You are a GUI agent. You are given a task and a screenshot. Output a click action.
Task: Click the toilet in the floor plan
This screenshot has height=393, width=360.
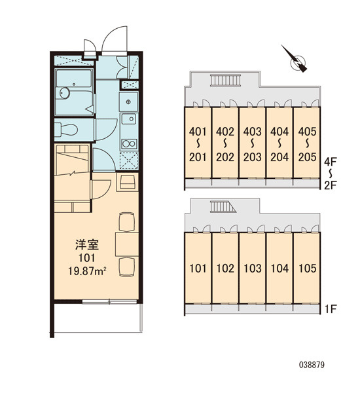click(65, 129)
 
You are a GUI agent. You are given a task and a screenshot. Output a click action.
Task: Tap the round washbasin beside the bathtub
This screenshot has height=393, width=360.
click(65, 93)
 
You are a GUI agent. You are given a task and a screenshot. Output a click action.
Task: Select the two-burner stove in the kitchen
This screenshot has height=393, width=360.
click(129, 144)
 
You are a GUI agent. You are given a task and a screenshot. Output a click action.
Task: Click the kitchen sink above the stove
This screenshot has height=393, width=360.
click(129, 119)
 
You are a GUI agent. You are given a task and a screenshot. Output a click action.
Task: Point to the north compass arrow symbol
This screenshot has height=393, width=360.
click(295, 59)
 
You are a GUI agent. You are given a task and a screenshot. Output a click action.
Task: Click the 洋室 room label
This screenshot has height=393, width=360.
click(87, 245)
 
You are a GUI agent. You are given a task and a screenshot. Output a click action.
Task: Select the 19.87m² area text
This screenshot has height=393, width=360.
click(88, 271)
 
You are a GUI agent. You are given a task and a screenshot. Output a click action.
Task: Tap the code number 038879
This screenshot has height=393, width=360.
click(312, 365)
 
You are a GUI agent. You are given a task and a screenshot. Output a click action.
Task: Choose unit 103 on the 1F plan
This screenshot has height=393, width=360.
click(253, 269)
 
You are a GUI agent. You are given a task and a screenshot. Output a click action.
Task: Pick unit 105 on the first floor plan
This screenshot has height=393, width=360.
click(308, 269)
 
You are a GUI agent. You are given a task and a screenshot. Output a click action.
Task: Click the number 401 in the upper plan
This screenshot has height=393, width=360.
click(198, 132)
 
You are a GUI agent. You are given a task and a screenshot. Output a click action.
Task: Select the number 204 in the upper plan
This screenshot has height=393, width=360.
click(279, 157)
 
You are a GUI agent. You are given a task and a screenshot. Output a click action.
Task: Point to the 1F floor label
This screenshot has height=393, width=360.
click(331, 309)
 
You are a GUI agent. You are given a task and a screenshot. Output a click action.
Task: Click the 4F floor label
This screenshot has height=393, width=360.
click(331, 161)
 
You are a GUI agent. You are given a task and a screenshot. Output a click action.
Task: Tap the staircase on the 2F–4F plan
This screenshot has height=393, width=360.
click(225, 80)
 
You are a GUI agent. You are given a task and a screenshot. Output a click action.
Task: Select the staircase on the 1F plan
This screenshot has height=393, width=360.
click(223, 207)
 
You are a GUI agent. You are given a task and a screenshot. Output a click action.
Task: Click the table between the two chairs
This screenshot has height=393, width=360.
click(127, 244)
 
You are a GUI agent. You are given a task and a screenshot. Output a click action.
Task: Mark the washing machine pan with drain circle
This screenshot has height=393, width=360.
click(128, 102)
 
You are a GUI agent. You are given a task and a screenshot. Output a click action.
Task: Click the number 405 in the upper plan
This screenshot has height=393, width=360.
click(308, 132)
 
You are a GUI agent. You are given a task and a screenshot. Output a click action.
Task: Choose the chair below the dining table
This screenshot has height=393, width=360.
click(127, 267)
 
